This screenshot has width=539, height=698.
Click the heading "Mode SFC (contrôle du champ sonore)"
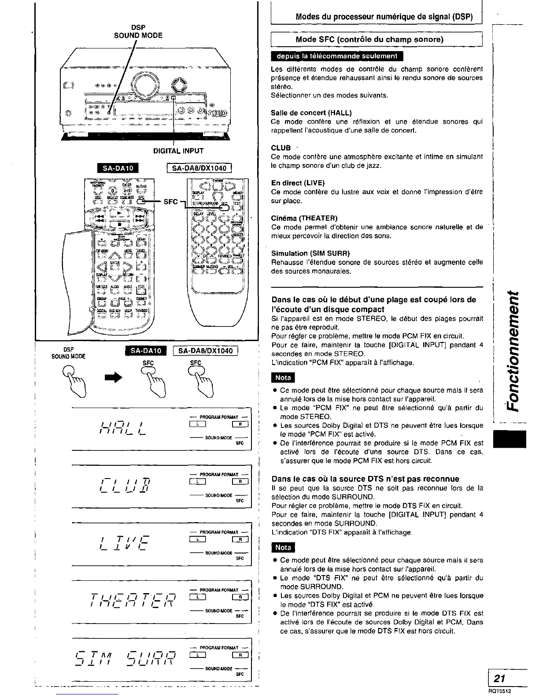click(369, 40)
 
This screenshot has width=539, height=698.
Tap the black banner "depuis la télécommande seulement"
click(337, 56)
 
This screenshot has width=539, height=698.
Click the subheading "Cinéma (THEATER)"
click(304, 218)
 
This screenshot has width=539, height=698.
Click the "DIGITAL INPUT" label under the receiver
click(178, 151)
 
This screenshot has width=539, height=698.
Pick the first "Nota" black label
click(283, 378)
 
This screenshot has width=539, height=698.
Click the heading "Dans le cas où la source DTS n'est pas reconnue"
click(365, 479)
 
